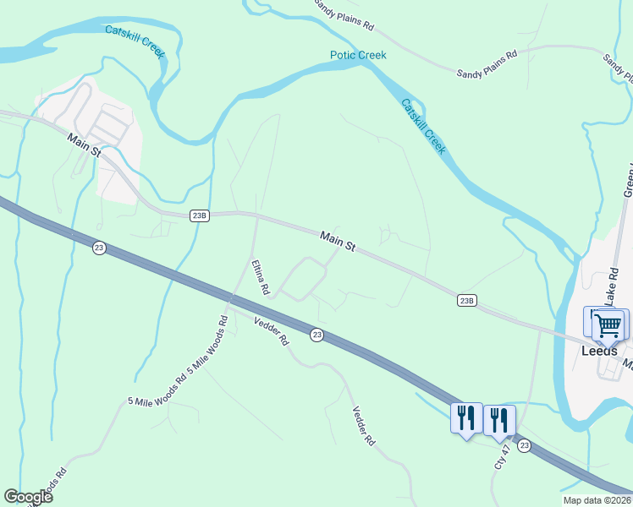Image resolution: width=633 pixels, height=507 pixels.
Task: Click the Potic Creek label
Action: coord(358,55)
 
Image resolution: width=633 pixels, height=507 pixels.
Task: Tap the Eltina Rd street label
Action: coord(260,277)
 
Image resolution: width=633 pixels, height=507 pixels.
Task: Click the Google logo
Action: coord(28,497)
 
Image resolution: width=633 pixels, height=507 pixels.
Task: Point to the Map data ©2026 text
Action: coord(597,500)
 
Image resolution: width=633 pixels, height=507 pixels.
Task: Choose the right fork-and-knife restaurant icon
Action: coord(498,419)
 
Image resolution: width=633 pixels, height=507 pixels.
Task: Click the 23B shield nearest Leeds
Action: coord(466,300)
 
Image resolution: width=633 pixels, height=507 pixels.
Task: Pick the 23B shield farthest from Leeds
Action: coord(199,215)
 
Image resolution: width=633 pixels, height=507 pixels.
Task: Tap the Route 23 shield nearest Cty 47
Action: coord(525,445)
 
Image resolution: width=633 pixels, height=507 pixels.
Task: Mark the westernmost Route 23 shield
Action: coord(99,247)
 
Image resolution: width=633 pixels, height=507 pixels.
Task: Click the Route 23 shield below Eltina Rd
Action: coord(316,335)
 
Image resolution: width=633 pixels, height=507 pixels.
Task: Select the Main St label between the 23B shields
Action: coord(338,241)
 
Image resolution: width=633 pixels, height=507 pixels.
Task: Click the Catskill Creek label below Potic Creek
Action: coord(423,127)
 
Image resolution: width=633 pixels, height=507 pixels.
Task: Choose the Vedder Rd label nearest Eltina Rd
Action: coord(272,330)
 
